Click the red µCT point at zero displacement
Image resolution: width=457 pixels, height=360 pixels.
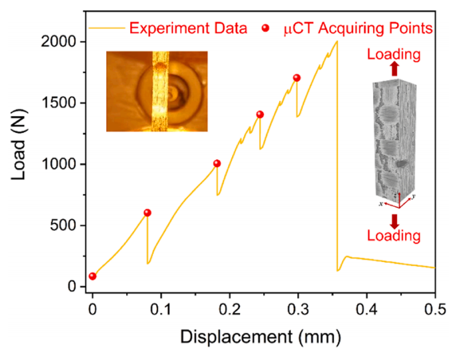(x=92, y=276)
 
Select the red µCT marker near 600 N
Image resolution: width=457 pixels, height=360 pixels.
(x=148, y=212)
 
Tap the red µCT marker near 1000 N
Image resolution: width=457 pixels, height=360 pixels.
(x=217, y=163)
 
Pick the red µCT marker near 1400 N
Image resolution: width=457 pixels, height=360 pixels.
(x=260, y=114)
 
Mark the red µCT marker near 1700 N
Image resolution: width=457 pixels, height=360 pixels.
(x=297, y=77)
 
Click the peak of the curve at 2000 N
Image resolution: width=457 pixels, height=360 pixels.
(x=337, y=41)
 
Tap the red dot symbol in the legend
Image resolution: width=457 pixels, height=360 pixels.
(x=266, y=28)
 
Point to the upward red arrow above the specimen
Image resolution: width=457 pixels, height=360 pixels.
(x=395, y=70)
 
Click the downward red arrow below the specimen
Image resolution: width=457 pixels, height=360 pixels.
(x=395, y=218)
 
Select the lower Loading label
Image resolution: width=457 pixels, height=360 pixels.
(x=394, y=235)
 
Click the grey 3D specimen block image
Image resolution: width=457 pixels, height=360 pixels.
(x=394, y=141)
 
